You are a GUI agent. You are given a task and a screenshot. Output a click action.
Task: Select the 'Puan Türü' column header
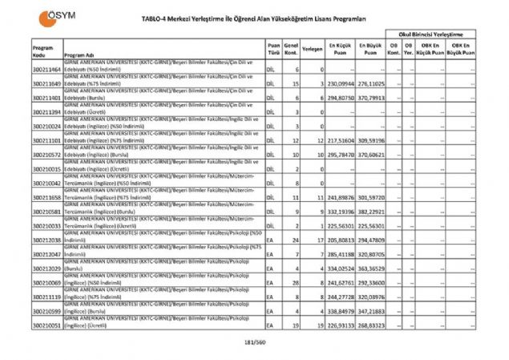pyautogui.click(x=273, y=51)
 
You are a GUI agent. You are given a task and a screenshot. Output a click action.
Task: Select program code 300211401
pyautogui.click(x=47, y=97)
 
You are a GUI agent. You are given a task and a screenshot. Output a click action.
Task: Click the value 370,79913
pyautogui.click(x=370, y=97)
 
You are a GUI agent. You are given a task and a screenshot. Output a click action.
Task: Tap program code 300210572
pyautogui.click(x=47, y=154)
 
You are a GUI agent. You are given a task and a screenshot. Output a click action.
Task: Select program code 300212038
pyautogui.click(x=47, y=240)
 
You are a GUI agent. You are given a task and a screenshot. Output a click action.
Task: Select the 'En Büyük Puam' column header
pyautogui.click(x=370, y=48)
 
